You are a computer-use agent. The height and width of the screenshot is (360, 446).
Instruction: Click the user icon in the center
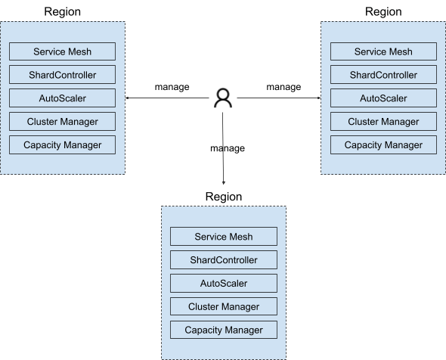click(x=223, y=98)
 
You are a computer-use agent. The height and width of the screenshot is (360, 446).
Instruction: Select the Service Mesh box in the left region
click(x=62, y=51)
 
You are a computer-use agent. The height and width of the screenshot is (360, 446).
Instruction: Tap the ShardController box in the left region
click(x=62, y=75)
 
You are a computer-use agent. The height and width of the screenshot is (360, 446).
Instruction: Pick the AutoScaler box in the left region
click(x=62, y=98)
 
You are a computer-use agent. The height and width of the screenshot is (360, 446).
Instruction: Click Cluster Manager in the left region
click(x=62, y=122)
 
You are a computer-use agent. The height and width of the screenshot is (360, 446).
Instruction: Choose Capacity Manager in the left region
click(x=62, y=145)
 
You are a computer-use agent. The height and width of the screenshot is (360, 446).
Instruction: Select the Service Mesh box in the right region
click(x=383, y=51)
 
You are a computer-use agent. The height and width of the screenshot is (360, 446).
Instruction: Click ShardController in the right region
click(x=383, y=75)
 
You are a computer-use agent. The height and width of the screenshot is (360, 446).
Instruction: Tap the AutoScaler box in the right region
click(x=383, y=98)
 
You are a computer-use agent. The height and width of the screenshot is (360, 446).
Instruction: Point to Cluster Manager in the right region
click(x=383, y=122)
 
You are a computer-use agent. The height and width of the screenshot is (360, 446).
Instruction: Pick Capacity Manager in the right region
click(x=383, y=145)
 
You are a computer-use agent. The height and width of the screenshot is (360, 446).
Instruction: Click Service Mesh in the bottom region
click(x=224, y=236)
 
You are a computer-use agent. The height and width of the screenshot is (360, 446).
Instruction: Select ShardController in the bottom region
click(x=224, y=260)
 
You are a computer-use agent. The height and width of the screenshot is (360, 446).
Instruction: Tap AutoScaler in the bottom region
click(x=224, y=283)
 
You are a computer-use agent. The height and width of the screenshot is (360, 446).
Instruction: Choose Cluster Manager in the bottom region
click(x=224, y=306)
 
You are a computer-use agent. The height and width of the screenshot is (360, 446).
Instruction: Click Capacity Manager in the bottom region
click(x=224, y=330)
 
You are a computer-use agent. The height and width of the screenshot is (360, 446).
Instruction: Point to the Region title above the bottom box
click(x=224, y=197)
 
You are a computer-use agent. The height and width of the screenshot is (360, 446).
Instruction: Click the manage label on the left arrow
click(x=172, y=86)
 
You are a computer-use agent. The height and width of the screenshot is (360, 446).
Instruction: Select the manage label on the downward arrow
click(x=228, y=148)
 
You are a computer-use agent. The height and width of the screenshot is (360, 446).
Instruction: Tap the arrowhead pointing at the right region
click(x=319, y=98)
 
